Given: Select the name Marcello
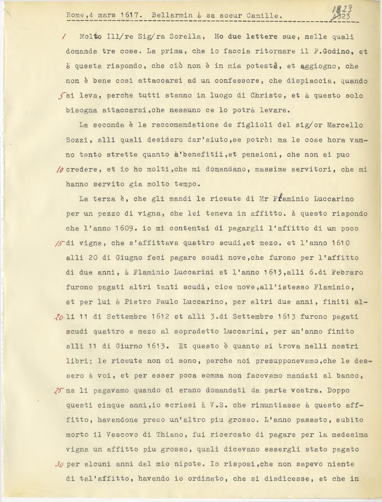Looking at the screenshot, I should [x=345, y=125].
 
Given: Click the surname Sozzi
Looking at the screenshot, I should [x=77, y=140].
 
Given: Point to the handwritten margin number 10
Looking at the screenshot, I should [x=60, y=169].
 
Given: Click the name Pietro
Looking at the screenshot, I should [x=138, y=302].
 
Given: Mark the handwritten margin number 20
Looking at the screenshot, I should [x=59, y=317].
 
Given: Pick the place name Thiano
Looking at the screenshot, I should [x=170, y=435].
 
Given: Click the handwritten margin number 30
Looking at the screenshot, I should [x=59, y=464].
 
